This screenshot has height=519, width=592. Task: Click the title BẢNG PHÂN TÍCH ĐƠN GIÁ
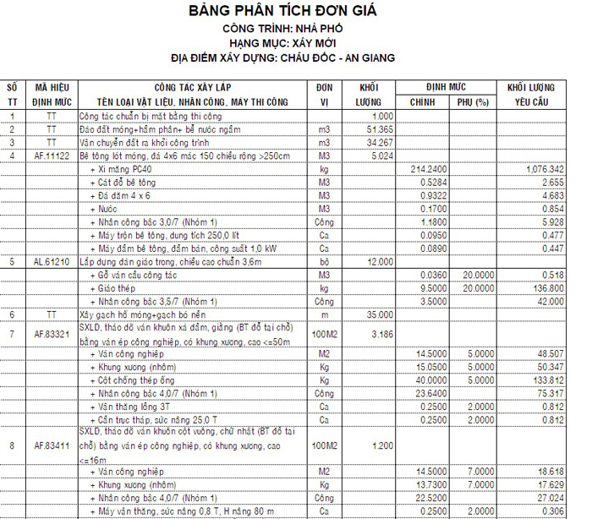click(295, 12)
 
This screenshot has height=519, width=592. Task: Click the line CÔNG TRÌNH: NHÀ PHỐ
click(295, 29)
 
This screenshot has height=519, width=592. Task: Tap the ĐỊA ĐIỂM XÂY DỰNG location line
click(295, 58)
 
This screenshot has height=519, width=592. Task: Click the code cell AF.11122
click(52, 156)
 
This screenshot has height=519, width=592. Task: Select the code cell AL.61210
click(52, 262)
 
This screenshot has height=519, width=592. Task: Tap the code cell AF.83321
click(52, 334)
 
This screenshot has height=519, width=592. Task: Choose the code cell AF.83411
click(52, 445)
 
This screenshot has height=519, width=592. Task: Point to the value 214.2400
click(428, 169)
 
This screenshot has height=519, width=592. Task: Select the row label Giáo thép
click(118, 288)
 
